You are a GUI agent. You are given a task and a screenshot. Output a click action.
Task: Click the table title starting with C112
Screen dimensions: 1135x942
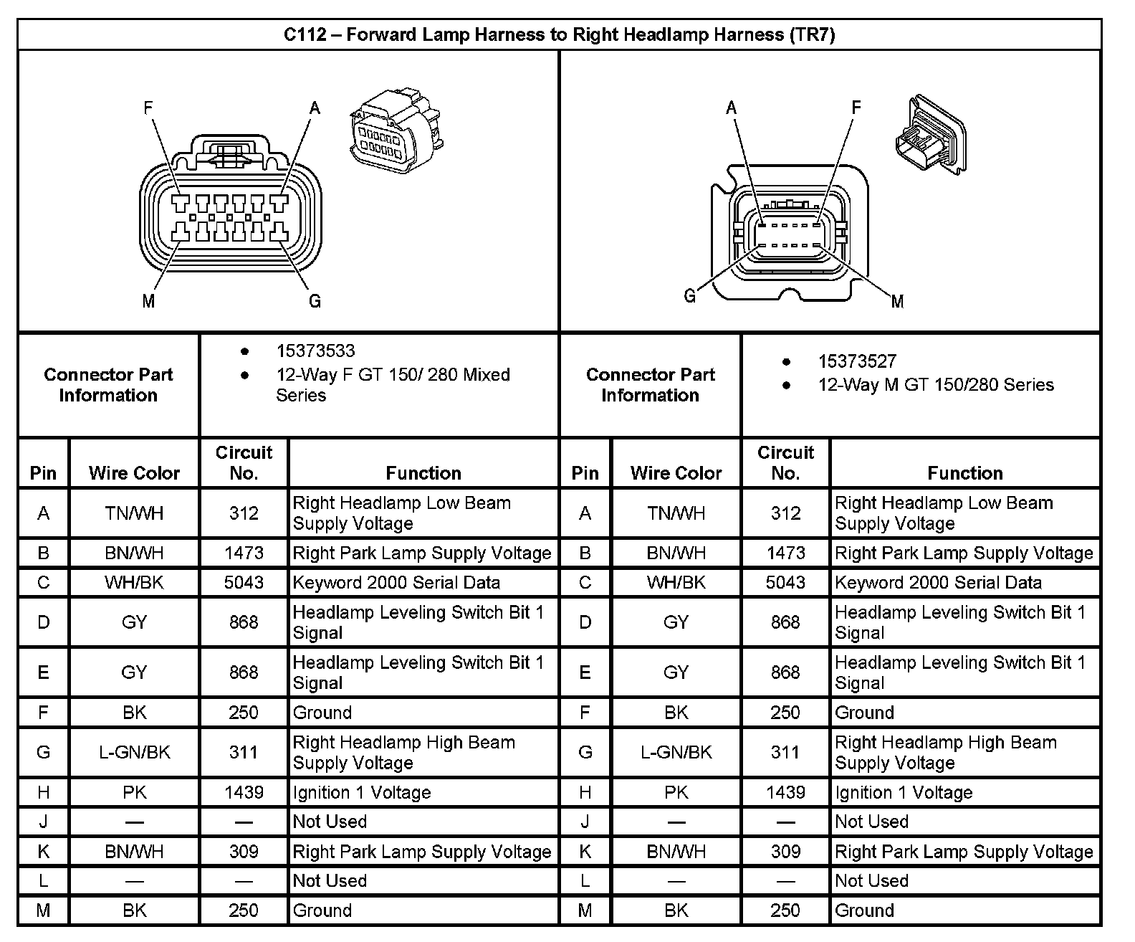[x=559, y=34]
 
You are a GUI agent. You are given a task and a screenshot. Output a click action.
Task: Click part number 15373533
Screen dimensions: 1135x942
[x=315, y=351]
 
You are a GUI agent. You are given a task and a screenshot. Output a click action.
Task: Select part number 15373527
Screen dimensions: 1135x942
[x=857, y=361]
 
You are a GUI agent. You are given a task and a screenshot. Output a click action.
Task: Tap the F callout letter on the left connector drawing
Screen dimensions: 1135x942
[x=148, y=108]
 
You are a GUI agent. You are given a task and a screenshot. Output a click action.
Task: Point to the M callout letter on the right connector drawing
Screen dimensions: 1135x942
[x=897, y=302]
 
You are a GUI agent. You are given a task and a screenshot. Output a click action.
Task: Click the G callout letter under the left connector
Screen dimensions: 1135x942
[x=315, y=301]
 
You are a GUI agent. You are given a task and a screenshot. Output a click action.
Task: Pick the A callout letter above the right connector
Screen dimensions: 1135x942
[x=731, y=108]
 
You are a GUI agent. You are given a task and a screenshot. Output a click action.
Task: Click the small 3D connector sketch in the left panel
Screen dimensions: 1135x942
[x=396, y=128]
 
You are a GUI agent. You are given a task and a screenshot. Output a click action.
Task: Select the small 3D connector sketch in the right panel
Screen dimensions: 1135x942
[x=930, y=135]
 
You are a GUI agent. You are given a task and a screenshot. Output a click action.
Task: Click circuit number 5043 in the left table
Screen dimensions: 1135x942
[x=244, y=582]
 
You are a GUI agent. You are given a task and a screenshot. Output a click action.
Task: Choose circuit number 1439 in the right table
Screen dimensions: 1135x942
[x=785, y=792]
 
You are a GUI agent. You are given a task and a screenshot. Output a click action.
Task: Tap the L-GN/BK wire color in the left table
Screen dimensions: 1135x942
[x=135, y=752]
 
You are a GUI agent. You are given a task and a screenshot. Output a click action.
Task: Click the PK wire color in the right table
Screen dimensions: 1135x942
[x=676, y=792]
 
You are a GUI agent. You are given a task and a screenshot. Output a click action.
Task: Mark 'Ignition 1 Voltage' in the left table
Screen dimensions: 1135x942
[x=362, y=792]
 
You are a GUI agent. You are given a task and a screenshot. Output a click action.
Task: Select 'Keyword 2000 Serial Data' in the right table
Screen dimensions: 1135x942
[x=938, y=582]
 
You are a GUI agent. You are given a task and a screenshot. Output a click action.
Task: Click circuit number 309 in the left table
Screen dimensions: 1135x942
[x=244, y=851]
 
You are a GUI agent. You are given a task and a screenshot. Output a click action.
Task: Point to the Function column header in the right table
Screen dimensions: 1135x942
[x=964, y=472]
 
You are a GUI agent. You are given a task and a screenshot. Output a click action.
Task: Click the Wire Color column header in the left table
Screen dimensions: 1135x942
[x=135, y=472]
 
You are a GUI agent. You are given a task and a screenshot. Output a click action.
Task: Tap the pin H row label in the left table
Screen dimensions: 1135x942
[x=44, y=792]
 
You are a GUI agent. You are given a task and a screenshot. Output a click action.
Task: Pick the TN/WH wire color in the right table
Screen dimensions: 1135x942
[x=676, y=513]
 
